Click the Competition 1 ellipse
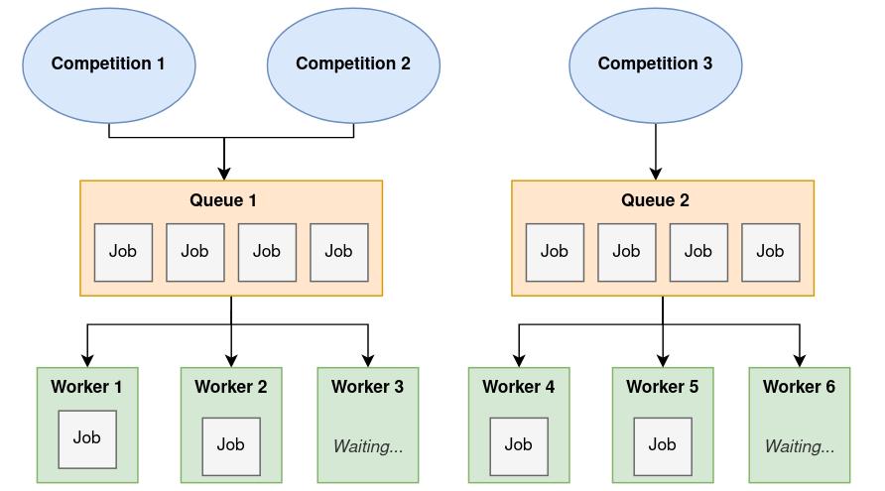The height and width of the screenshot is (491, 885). pyautogui.click(x=108, y=63)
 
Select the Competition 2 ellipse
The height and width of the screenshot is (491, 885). pyautogui.click(x=353, y=63)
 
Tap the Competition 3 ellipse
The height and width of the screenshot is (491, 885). pyautogui.click(x=655, y=63)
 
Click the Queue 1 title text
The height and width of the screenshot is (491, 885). pyautogui.click(x=223, y=200)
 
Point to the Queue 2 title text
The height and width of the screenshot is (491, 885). pyautogui.click(x=655, y=200)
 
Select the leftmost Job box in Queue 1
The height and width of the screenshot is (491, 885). pyautogui.click(x=123, y=252)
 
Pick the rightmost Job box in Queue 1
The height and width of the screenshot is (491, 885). pyautogui.click(x=339, y=252)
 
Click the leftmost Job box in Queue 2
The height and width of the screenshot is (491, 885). pyautogui.click(x=555, y=252)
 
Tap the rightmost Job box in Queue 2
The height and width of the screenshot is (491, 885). pyautogui.click(x=771, y=252)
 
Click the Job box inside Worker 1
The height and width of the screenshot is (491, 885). pyautogui.click(x=87, y=438)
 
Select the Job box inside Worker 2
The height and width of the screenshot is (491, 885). pyautogui.click(x=231, y=445)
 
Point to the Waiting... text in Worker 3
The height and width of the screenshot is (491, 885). pyautogui.click(x=368, y=446)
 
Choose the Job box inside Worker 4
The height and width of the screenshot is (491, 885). pyautogui.click(x=519, y=445)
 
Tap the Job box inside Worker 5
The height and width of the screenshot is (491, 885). pyautogui.click(x=663, y=445)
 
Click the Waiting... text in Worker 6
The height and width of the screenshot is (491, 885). pyautogui.click(x=800, y=446)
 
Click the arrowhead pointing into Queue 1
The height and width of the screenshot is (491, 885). pyautogui.click(x=224, y=173)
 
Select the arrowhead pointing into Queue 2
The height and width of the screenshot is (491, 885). pyautogui.click(x=655, y=173)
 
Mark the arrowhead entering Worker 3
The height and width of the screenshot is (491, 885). pyautogui.click(x=368, y=360)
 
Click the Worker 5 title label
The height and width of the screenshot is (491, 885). pyautogui.click(x=663, y=387)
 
